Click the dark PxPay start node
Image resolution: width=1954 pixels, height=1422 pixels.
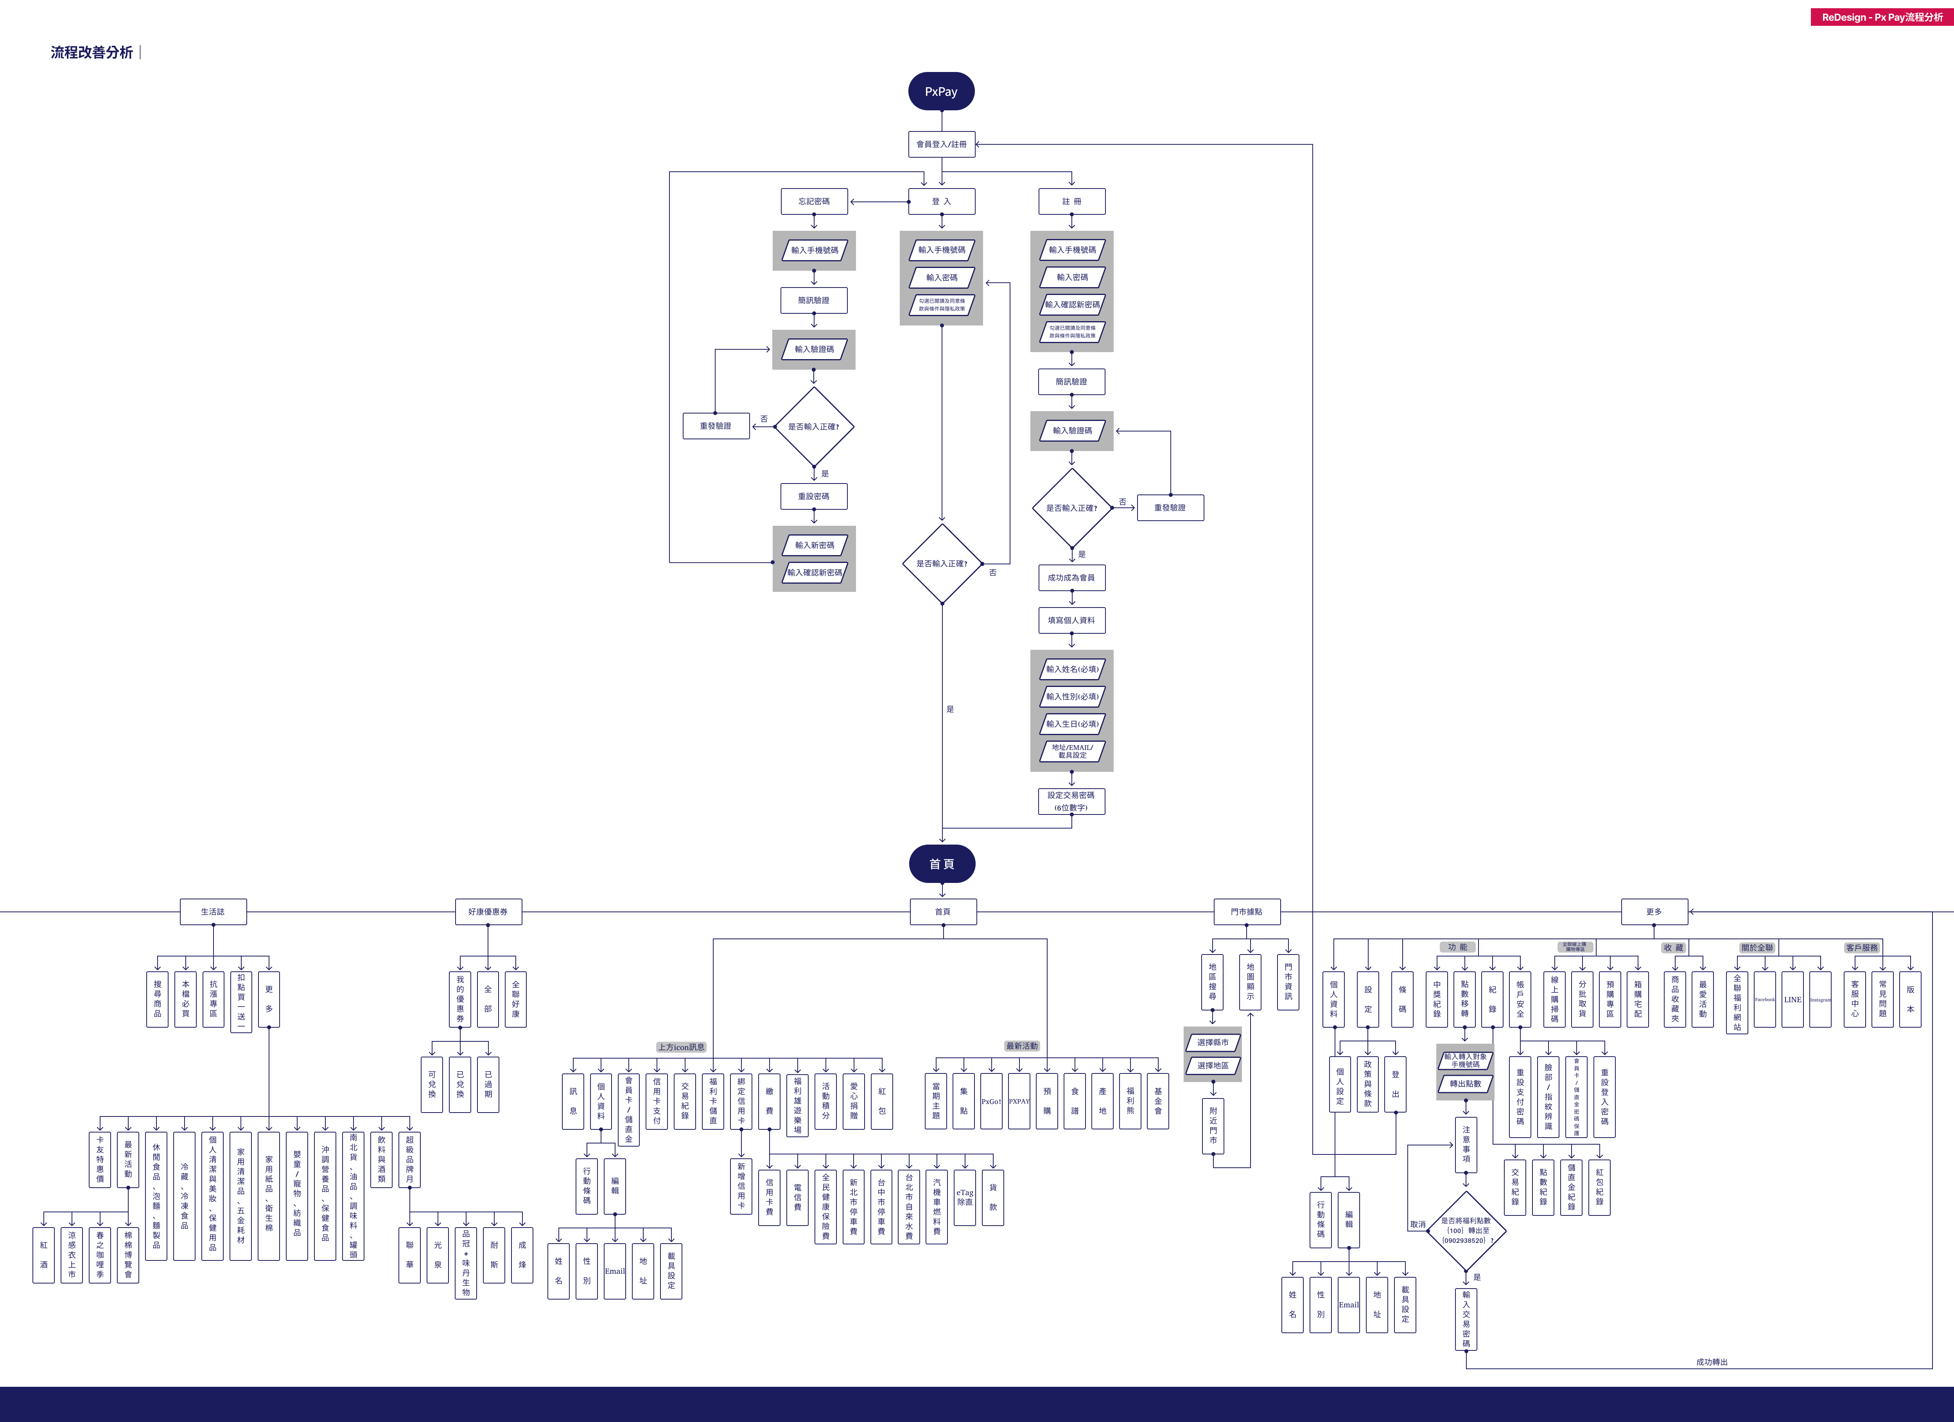[x=941, y=92]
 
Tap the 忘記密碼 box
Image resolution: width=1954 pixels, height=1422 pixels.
[x=814, y=202]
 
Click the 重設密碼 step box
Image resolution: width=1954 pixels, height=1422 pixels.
[x=813, y=496]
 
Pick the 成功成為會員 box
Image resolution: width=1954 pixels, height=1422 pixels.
[x=1071, y=577]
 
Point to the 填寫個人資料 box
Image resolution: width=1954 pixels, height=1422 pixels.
[x=1071, y=620]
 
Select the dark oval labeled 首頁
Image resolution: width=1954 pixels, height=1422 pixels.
[x=942, y=863]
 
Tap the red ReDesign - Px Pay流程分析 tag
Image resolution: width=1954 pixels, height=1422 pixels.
[x=1882, y=17]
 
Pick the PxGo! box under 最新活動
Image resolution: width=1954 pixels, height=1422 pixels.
[x=991, y=1101]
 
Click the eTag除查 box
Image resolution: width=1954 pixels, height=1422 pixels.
[x=965, y=1198]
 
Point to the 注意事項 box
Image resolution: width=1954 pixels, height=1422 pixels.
[x=1466, y=1145]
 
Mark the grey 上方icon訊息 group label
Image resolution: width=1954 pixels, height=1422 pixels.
[x=681, y=1047]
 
